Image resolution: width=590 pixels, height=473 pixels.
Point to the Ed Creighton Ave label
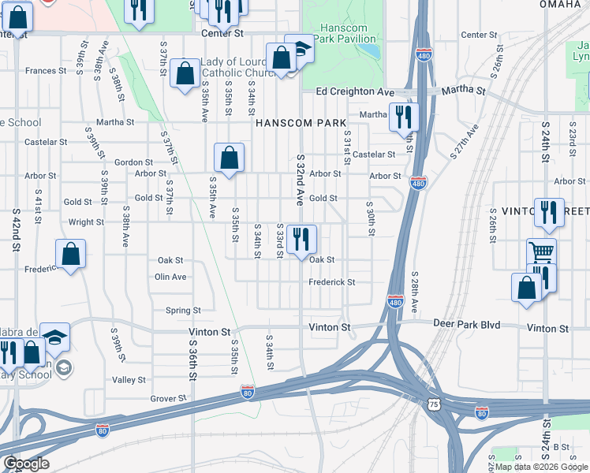pos(355,92)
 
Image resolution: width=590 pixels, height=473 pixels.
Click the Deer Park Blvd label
pos(468,324)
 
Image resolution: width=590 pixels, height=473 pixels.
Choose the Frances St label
pos(45,71)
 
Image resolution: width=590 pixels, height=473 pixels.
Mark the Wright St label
pos(86,222)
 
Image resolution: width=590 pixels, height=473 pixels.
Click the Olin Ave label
pos(170,277)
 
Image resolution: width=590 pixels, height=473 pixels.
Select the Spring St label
pos(183,310)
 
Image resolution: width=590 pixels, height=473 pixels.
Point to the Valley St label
pos(129,379)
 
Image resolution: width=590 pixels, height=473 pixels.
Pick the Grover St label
pos(168,399)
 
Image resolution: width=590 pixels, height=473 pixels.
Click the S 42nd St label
pos(16,229)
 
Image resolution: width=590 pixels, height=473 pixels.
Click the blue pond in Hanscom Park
pos(368,50)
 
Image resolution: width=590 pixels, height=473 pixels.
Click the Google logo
pos(25,464)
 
